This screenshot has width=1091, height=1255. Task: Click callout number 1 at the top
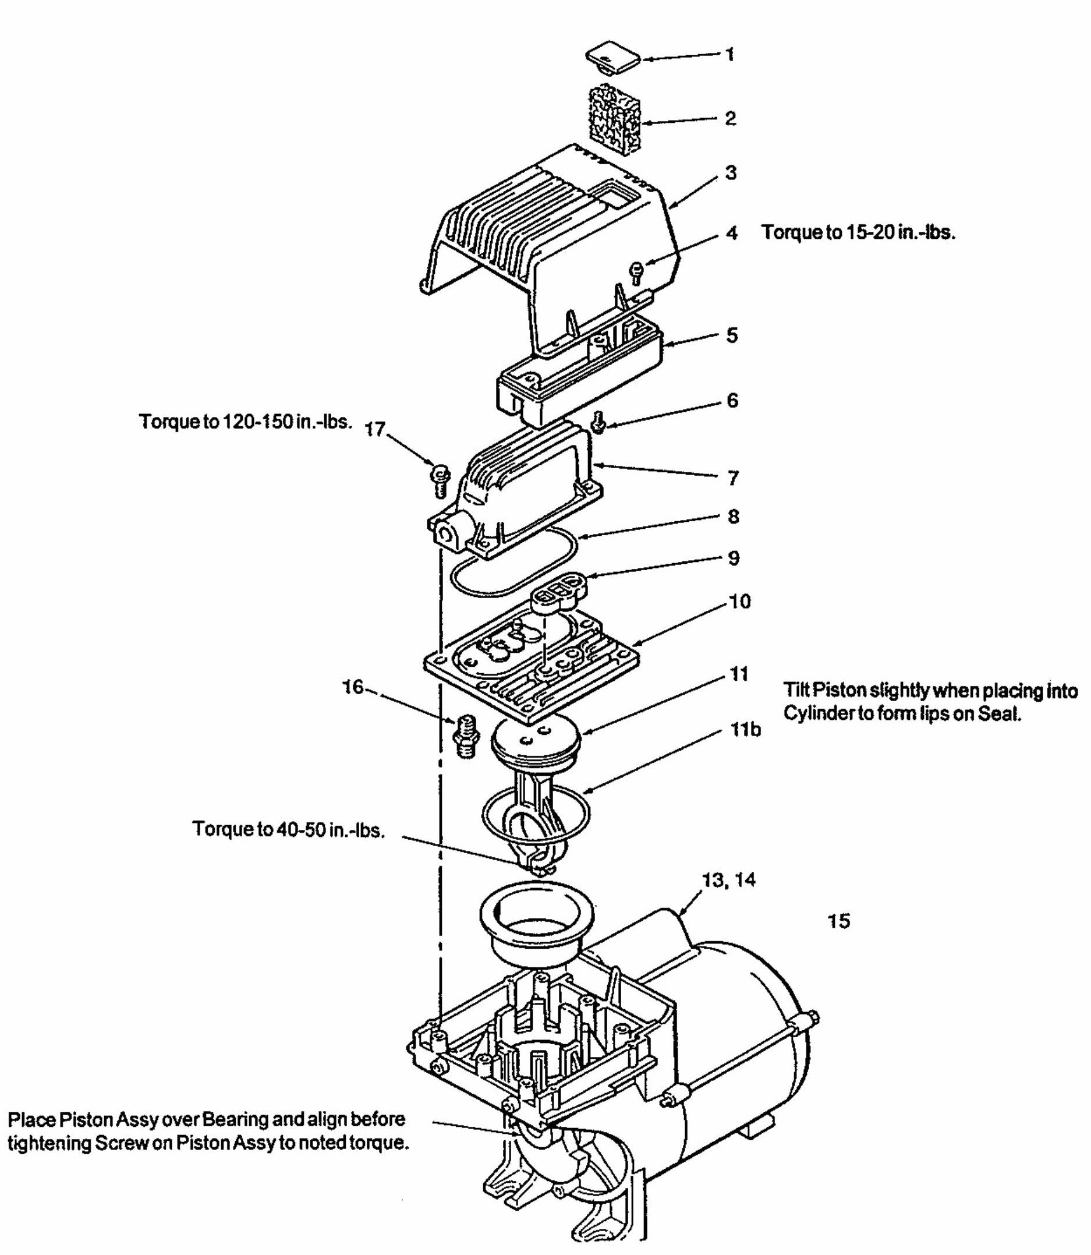point(730,55)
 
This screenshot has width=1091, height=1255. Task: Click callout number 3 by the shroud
point(731,173)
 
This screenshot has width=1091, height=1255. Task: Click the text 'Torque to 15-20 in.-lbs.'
point(859,232)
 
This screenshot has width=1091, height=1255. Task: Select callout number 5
point(732,335)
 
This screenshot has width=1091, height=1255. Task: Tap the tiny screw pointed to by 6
point(598,422)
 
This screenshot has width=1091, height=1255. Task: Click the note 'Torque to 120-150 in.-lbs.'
point(246,422)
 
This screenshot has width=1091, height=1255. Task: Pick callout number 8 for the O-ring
point(734,517)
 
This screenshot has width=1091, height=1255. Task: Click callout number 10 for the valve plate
point(740,602)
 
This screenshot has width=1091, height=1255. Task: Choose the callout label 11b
point(746,729)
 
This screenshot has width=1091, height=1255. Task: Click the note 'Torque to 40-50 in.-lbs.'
point(289,829)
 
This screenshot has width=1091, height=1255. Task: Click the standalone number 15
point(838,921)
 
